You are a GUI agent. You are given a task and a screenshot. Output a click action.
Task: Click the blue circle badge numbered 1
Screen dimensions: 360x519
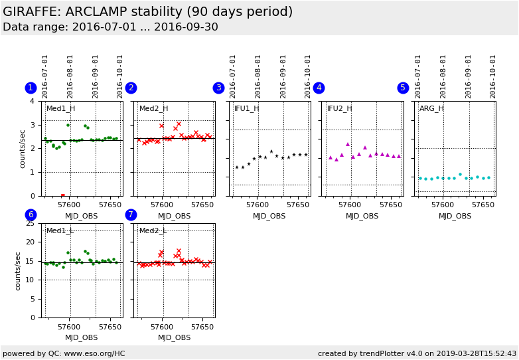tap(31, 88)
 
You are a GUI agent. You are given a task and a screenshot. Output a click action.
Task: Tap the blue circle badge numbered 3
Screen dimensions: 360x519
tap(218, 88)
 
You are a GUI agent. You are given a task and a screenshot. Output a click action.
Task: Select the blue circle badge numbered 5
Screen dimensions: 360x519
tap(403, 88)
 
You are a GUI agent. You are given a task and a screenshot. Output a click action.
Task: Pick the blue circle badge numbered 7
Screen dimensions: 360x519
tap(131, 215)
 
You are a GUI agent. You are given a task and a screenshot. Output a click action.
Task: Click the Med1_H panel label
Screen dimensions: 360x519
tap(60, 108)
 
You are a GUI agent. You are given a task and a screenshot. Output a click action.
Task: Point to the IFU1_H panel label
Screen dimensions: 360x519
tap(247, 108)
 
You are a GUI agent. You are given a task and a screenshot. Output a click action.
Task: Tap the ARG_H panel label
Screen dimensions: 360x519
tap(431, 108)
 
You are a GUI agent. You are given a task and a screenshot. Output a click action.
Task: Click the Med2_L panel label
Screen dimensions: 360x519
tap(153, 230)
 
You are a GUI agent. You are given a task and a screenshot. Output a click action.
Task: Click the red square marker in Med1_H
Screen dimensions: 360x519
tap(63, 195)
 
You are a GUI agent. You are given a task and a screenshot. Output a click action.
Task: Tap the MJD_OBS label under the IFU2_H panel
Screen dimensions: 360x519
tap(362, 217)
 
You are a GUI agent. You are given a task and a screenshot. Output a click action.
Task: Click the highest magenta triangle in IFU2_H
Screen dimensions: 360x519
tap(347, 144)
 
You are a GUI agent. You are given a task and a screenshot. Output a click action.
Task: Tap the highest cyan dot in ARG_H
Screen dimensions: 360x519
tap(460, 175)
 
